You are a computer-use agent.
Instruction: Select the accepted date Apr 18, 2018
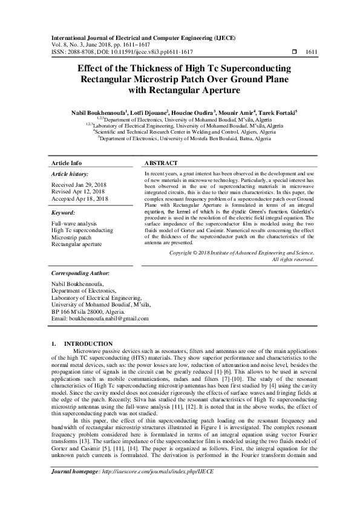(x=93, y=198)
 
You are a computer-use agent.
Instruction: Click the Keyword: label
(x=63, y=213)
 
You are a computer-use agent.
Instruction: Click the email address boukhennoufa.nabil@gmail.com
(x=109, y=318)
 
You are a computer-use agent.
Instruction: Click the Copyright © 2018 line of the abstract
(x=241, y=252)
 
